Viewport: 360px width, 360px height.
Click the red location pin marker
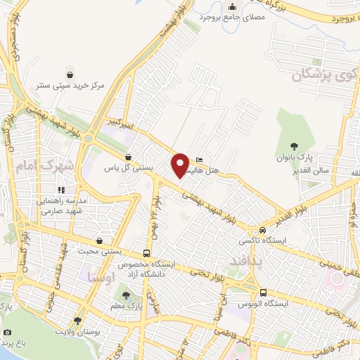tap(180, 165)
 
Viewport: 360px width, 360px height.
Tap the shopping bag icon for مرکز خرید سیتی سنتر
tap(70, 74)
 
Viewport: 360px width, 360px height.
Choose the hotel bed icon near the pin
tap(200, 159)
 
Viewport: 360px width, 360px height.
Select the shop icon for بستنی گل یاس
tap(128, 157)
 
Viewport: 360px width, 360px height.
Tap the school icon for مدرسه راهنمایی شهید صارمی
tap(63, 189)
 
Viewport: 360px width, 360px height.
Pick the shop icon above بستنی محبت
tap(103, 240)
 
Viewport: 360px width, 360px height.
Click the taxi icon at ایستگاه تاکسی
tap(262, 231)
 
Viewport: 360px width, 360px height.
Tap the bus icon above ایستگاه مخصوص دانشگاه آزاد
tap(146, 253)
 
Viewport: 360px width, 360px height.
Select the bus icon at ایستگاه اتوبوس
tap(262, 292)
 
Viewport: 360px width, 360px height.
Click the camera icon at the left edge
tap(7, 332)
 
